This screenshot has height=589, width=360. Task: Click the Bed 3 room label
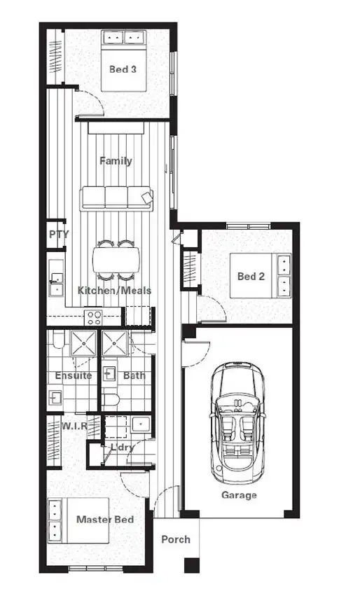(123, 69)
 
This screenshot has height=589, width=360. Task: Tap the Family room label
(116, 161)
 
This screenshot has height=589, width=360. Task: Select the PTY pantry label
(59, 234)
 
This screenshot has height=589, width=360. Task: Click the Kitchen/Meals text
(114, 291)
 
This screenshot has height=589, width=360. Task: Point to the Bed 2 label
(251, 277)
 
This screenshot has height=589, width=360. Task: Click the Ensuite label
(74, 375)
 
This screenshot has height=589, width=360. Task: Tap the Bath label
(134, 375)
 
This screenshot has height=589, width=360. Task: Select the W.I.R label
(74, 426)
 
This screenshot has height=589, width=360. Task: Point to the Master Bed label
(105, 520)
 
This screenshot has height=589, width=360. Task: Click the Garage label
(240, 495)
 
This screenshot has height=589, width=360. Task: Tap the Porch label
(176, 540)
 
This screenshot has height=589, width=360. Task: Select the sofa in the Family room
(117, 198)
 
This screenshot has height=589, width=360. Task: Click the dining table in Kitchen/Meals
(115, 259)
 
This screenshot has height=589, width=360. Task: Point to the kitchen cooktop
(93, 317)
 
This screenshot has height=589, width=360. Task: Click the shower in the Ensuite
(83, 343)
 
